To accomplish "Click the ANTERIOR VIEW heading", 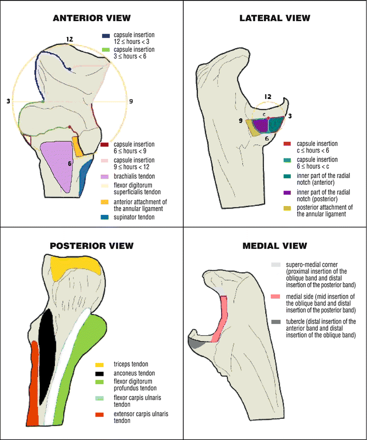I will (x=91, y=18).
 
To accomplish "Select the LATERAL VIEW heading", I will (x=275, y=18).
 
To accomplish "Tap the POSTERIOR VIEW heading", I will (x=91, y=245).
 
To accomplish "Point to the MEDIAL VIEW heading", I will (x=275, y=245).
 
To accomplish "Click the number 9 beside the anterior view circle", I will (x=131, y=101).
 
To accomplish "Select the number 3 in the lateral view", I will (x=290, y=116).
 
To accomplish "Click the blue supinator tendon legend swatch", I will (x=105, y=216).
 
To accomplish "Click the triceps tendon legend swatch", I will (x=100, y=365).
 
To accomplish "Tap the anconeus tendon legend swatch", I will (x=100, y=373).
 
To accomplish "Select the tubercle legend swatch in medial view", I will (x=275, y=322).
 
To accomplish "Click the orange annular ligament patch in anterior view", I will (x=78, y=146).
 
